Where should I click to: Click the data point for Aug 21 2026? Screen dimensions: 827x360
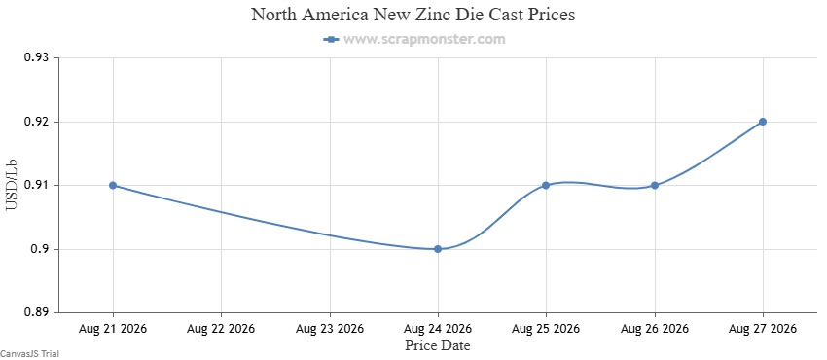tap(112, 186)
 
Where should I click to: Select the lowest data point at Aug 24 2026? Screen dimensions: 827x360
tap(438, 249)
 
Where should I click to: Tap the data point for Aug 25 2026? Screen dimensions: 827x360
tap(546, 186)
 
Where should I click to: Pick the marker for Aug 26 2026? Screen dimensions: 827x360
tap(655, 186)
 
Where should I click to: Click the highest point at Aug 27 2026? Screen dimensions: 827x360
tap(763, 122)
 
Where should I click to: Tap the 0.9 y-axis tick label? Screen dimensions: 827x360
tap(40, 249)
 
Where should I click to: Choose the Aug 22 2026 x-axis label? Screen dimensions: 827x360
tap(221, 329)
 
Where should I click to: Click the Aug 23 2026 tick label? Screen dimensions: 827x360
tap(330, 329)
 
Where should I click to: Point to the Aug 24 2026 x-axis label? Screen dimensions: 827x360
tap(438, 329)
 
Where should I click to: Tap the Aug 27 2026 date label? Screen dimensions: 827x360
tap(763, 329)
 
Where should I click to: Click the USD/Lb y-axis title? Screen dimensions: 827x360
tap(12, 185)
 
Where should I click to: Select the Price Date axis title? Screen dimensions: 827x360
tap(437, 345)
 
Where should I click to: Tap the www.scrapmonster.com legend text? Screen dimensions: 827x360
tap(424, 39)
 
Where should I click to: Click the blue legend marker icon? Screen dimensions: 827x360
tap(331, 39)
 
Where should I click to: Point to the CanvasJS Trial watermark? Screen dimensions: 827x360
tap(29, 354)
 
